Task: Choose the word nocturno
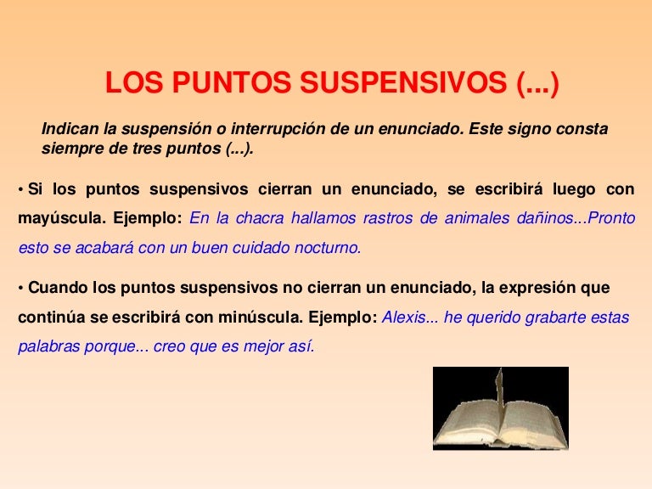(x=323, y=249)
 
